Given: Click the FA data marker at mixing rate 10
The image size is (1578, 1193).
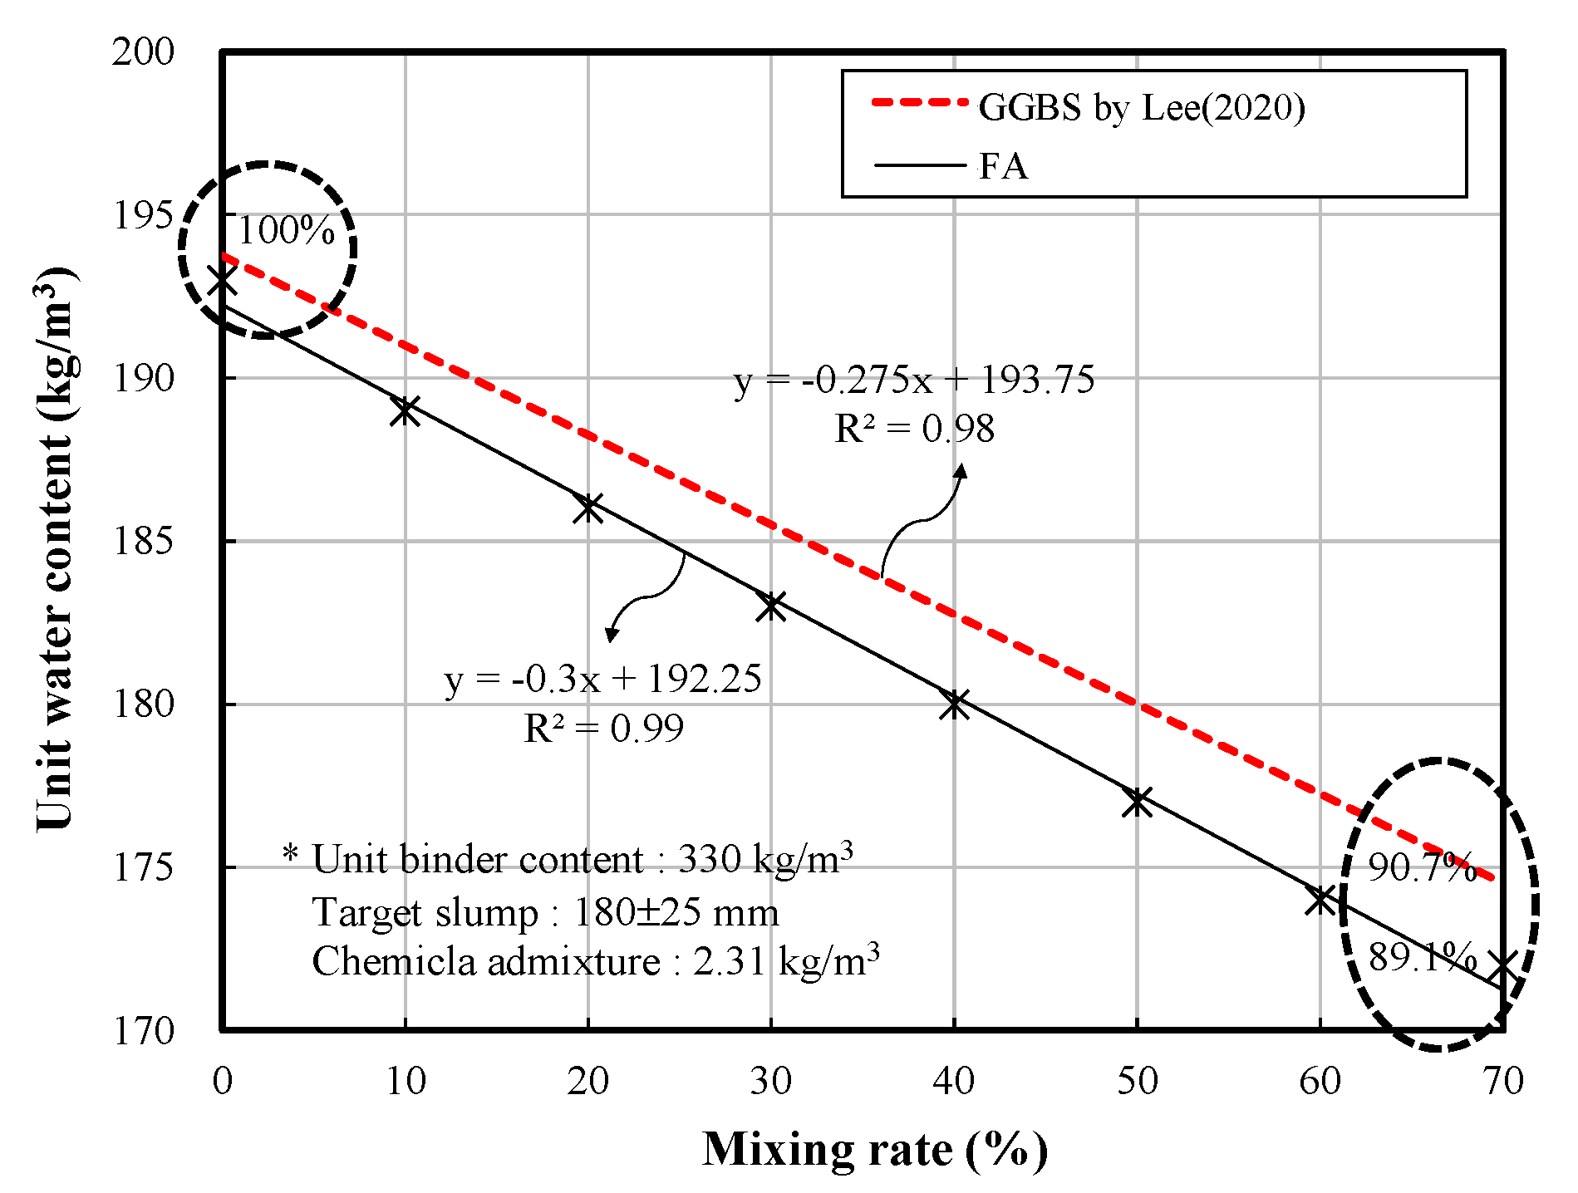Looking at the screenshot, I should click(405, 410).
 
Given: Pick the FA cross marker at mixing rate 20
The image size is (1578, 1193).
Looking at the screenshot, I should click(588, 508).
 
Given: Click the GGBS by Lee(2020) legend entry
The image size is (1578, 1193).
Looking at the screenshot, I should click(1141, 107).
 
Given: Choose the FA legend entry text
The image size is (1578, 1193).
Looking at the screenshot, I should click(1003, 166).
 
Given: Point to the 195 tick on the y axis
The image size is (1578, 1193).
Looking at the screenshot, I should click(143, 215).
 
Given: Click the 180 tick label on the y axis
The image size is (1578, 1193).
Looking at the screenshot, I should click(143, 705).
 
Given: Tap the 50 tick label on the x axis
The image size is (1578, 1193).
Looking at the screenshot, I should click(1137, 1081).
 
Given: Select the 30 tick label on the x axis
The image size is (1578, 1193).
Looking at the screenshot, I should click(771, 1081).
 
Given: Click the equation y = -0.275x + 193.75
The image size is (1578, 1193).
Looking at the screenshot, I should click(914, 380).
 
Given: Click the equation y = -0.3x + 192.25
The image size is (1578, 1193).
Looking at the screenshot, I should click(603, 679).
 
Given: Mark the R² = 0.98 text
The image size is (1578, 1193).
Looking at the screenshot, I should click(914, 429).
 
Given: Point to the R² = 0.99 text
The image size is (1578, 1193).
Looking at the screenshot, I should click(603, 729).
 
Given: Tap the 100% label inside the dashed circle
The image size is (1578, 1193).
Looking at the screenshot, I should click(286, 230).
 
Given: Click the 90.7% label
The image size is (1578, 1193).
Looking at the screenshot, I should click(1422, 867).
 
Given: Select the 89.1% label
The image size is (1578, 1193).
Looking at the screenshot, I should click(1422, 957).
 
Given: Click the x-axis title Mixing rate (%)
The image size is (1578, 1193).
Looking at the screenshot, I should click(874, 1150).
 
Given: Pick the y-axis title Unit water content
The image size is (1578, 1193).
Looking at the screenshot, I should click(55, 548).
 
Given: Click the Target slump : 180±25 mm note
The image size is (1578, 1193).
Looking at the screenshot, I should click(545, 912).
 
